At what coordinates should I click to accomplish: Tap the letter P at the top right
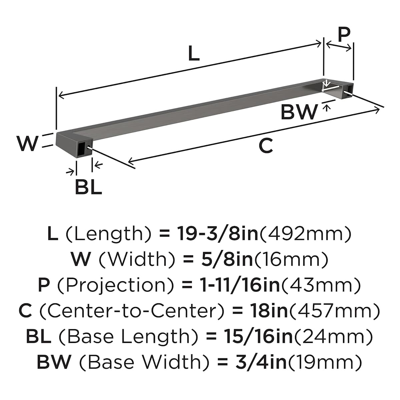344,34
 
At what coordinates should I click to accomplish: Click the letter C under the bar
266,146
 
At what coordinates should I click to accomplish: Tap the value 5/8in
227,259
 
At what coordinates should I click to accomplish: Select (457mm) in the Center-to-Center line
334,311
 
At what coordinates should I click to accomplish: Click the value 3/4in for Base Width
261,362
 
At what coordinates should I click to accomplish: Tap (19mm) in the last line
325,362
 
